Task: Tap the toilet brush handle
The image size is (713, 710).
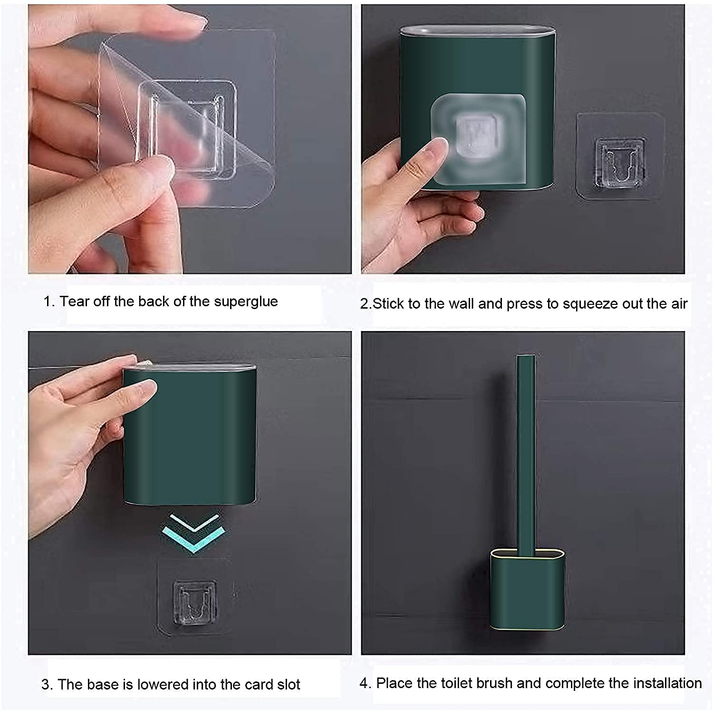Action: pyautogui.click(x=526, y=454)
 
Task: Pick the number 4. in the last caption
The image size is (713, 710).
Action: pyautogui.click(x=365, y=683)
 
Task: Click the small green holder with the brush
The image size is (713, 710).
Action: pyautogui.click(x=528, y=590)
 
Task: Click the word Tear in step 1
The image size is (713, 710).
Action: pyautogui.click(x=75, y=302)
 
